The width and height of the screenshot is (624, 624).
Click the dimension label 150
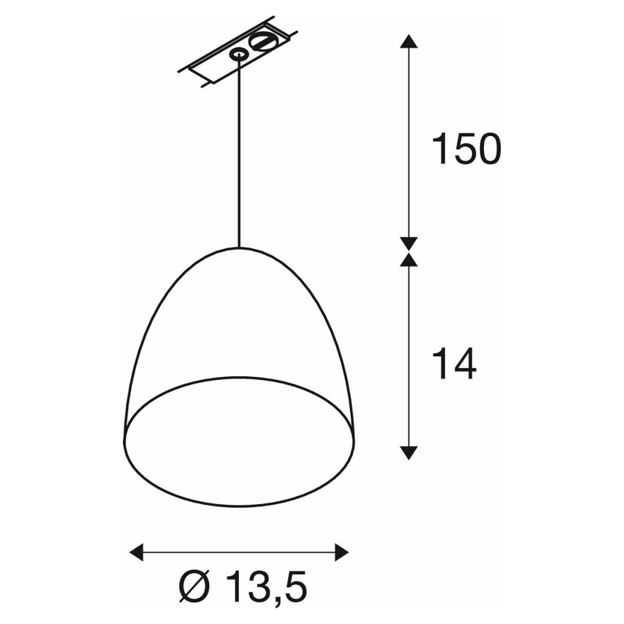point(466,149)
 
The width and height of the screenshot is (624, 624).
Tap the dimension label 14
point(454,363)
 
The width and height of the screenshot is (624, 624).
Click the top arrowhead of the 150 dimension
point(409,41)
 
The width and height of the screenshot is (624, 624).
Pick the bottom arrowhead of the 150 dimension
point(409,243)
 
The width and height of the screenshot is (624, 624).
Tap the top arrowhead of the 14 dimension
point(409,259)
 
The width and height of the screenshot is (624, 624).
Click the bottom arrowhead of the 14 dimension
point(409,453)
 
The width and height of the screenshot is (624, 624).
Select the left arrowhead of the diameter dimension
point(137,552)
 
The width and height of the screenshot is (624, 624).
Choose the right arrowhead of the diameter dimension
point(342,552)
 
